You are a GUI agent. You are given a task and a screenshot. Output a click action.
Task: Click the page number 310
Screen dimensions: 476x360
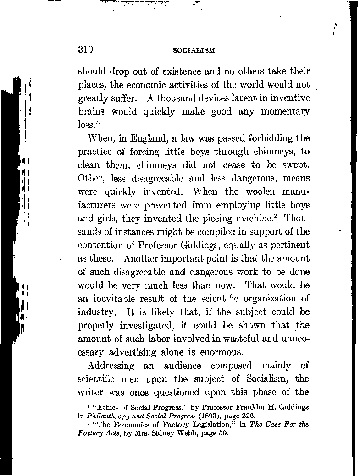[86, 50]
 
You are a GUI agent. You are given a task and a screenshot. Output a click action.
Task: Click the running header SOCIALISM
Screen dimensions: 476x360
[193, 50]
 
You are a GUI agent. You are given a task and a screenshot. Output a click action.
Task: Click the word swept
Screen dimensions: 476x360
[296, 164]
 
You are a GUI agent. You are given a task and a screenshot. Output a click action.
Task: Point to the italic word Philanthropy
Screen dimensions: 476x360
[109, 416]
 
